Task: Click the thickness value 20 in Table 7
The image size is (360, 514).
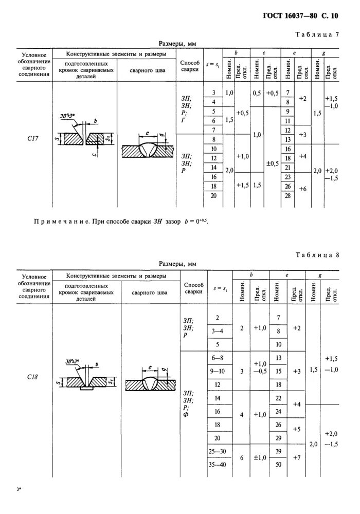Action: pos(213,196)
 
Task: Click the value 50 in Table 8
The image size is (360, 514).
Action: pos(278,465)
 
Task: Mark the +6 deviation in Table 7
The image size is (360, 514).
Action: pos(302,189)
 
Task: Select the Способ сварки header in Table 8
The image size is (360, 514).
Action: pos(193,288)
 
